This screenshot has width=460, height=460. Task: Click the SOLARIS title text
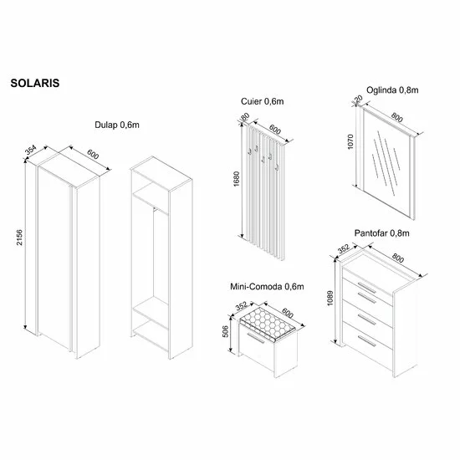click(x=35, y=83)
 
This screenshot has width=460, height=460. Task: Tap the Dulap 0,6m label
click(x=117, y=125)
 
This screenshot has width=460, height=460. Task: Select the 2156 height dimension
click(x=19, y=238)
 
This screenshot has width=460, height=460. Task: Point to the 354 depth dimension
click(x=30, y=150)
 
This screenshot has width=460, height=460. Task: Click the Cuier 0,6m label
click(x=263, y=101)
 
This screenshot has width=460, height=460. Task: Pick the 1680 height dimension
click(x=237, y=179)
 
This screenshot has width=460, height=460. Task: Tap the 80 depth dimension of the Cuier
click(x=245, y=117)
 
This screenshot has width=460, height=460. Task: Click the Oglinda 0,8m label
click(x=392, y=90)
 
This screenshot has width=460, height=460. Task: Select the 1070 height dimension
click(x=350, y=141)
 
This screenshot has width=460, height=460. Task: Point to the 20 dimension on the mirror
click(x=359, y=99)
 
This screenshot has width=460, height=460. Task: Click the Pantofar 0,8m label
click(x=381, y=233)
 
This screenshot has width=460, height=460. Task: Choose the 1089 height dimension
click(x=330, y=298)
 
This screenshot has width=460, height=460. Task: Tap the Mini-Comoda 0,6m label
click(x=267, y=286)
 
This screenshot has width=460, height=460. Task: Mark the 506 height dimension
click(x=225, y=331)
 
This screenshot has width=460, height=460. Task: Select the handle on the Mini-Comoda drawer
click(x=256, y=337)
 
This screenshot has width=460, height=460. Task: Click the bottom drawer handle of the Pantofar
click(x=366, y=341)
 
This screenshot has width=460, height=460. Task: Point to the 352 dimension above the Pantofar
click(x=344, y=248)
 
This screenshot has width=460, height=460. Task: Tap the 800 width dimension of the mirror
click(x=396, y=117)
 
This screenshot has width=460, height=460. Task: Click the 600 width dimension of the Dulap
click(x=93, y=155)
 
